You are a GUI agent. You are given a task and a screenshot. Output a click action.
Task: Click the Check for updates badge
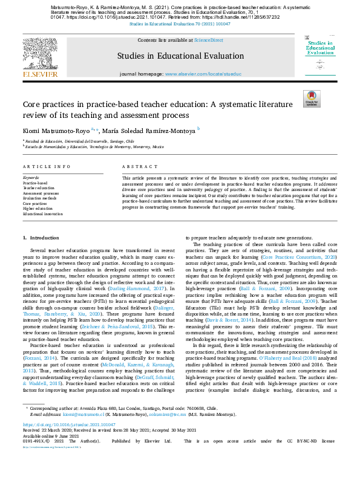311,99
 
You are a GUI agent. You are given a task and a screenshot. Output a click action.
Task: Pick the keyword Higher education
38,208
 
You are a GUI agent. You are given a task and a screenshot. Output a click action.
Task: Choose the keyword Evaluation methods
39,198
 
